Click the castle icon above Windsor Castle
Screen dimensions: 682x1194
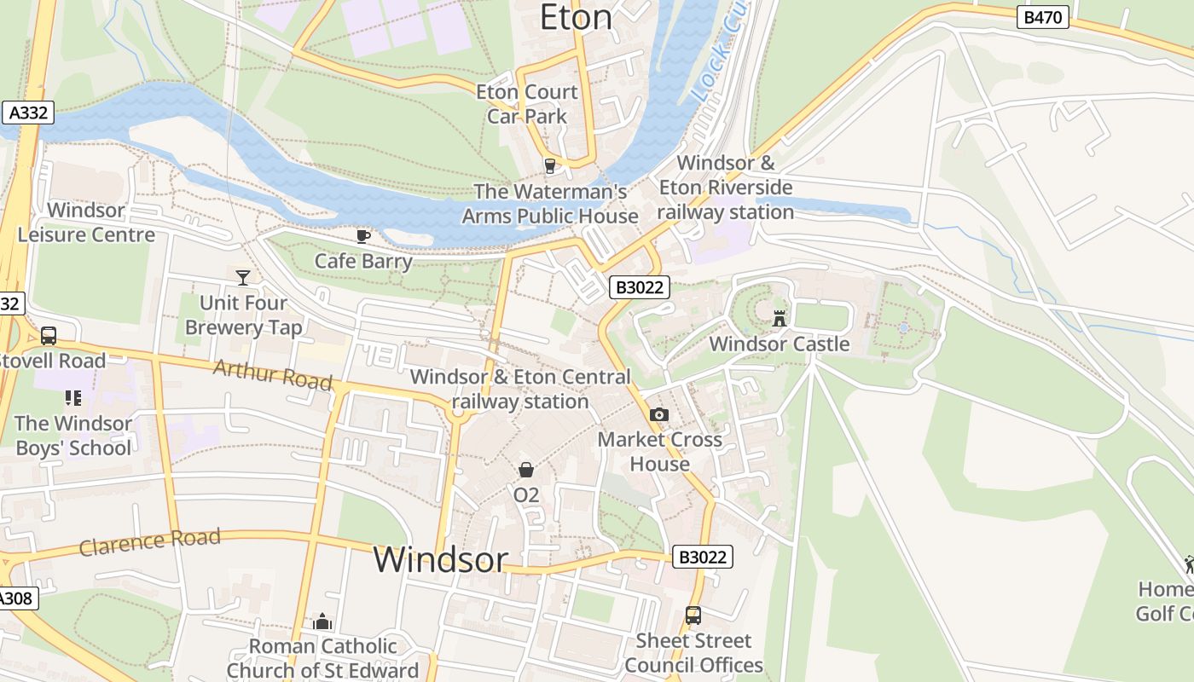(779, 319)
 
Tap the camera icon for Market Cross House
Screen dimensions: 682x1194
(658, 415)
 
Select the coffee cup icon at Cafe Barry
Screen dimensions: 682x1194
(363, 236)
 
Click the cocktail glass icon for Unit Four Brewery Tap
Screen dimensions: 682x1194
(243, 277)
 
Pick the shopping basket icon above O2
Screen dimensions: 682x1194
(526, 470)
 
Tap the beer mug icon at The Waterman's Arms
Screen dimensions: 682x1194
(550, 166)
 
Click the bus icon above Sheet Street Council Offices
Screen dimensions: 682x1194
(693, 616)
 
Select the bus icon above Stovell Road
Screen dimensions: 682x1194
(49, 336)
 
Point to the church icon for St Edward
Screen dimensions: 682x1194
(322, 621)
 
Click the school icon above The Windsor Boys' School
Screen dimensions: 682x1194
(72, 398)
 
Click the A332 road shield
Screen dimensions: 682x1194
(28, 113)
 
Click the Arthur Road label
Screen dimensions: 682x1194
(272, 375)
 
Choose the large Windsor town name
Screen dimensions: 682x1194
(440, 560)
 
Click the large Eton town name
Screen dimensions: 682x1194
(577, 17)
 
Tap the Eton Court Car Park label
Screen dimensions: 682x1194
(527, 104)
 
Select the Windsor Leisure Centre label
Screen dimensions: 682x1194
(86, 223)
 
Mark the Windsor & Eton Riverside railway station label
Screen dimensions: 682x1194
(726, 188)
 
